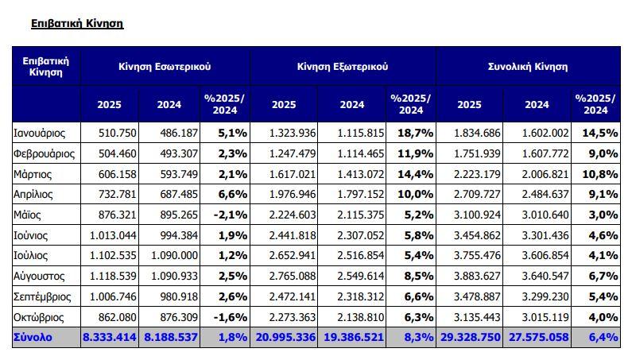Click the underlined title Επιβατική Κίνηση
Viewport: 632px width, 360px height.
pyautogui.click(x=77, y=24)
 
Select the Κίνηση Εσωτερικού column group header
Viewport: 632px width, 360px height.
pyautogui.click(x=165, y=67)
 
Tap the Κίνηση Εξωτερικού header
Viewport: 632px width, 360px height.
pyautogui.click(x=343, y=67)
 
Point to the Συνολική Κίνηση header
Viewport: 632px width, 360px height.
pyautogui.click(x=528, y=67)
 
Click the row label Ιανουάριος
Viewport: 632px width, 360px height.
pyautogui.click(x=40, y=132)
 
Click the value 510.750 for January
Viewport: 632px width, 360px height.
pyautogui.click(x=115, y=132)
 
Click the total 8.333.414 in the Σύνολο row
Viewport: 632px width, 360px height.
pyautogui.click(x=110, y=338)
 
